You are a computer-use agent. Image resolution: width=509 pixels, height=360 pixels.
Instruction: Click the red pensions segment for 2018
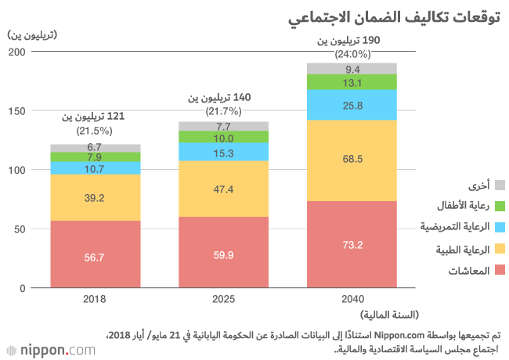pyautogui.click(x=96, y=254)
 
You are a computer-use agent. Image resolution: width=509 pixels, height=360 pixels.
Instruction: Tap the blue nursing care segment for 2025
pyautogui.click(x=224, y=153)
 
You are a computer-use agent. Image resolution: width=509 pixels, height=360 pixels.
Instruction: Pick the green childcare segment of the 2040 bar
pyautogui.click(x=352, y=82)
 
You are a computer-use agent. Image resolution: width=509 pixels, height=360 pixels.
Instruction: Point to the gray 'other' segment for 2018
pyautogui.click(x=96, y=148)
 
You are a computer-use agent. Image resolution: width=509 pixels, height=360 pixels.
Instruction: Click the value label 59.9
pyautogui.click(x=224, y=254)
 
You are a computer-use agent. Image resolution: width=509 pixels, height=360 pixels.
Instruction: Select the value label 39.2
pyautogui.click(x=96, y=198)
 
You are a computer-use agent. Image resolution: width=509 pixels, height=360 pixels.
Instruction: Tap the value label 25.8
pyautogui.click(x=352, y=105)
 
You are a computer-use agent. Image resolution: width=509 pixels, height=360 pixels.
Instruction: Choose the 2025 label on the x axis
pyautogui.click(x=224, y=299)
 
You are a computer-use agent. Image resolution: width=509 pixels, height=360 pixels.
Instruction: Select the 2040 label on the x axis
pyautogui.click(x=352, y=299)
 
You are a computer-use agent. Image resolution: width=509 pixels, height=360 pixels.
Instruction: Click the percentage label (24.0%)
pyautogui.click(x=352, y=55)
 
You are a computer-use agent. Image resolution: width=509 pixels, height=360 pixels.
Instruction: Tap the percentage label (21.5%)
pyautogui.click(x=95, y=131)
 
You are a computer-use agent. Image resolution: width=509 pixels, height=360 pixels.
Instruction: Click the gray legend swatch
pyautogui.click(x=500, y=185)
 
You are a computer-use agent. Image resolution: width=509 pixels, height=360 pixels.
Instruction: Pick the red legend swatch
pyautogui.click(x=500, y=271)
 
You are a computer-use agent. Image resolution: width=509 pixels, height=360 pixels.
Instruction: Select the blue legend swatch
pyautogui.click(x=500, y=228)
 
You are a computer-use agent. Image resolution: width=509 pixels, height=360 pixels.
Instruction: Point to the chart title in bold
pyautogui.click(x=423, y=17)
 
